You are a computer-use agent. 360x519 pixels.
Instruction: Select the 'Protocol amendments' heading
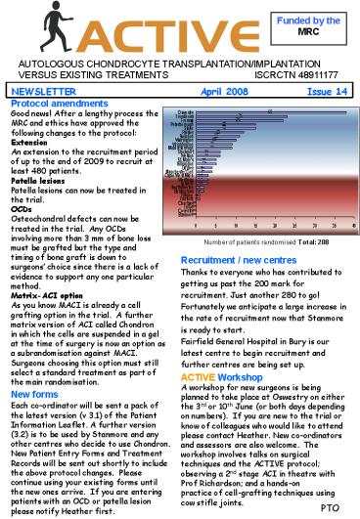click(x=58, y=103)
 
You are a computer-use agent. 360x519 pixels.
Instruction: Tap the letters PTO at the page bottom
click(x=330, y=509)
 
